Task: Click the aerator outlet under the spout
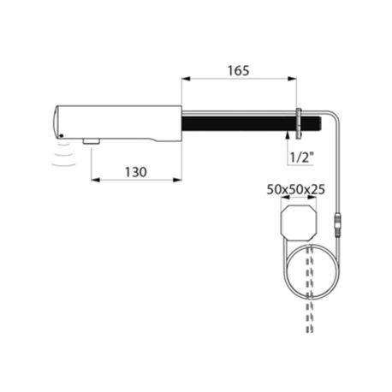(x=90, y=139)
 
